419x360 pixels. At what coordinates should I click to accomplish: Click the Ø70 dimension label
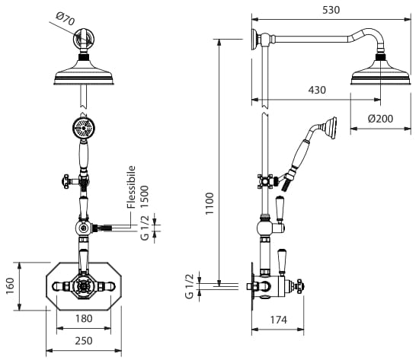[66, 19]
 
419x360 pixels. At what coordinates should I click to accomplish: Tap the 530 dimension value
[331, 10]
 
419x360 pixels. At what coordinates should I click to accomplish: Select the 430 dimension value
[317, 90]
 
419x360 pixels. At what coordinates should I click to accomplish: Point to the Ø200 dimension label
[380, 119]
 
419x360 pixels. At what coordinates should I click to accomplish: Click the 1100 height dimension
[209, 203]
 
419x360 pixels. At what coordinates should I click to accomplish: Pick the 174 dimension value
[278, 320]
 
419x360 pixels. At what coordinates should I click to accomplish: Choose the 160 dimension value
[10, 285]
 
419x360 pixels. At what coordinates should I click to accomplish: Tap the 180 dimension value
[84, 319]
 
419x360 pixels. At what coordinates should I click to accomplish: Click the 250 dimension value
[84, 341]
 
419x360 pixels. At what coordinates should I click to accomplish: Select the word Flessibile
[131, 187]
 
